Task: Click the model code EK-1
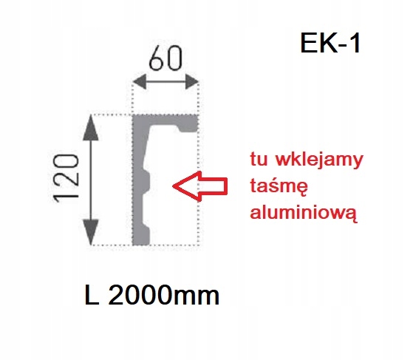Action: click(330, 43)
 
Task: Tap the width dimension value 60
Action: click(165, 58)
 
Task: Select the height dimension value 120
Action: click(66, 178)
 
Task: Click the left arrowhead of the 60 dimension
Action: click(140, 82)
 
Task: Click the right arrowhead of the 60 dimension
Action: click(192, 82)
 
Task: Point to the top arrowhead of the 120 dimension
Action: click(91, 128)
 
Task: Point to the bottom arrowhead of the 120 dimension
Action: click(91, 232)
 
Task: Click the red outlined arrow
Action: click(199, 186)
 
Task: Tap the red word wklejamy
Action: click(319, 160)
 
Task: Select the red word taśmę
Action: click(279, 186)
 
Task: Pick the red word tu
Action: click(259, 159)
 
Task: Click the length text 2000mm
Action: click(163, 295)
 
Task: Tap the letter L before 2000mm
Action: click(92, 295)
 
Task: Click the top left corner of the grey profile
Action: click(132, 115)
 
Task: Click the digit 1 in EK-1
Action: click(355, 43)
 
